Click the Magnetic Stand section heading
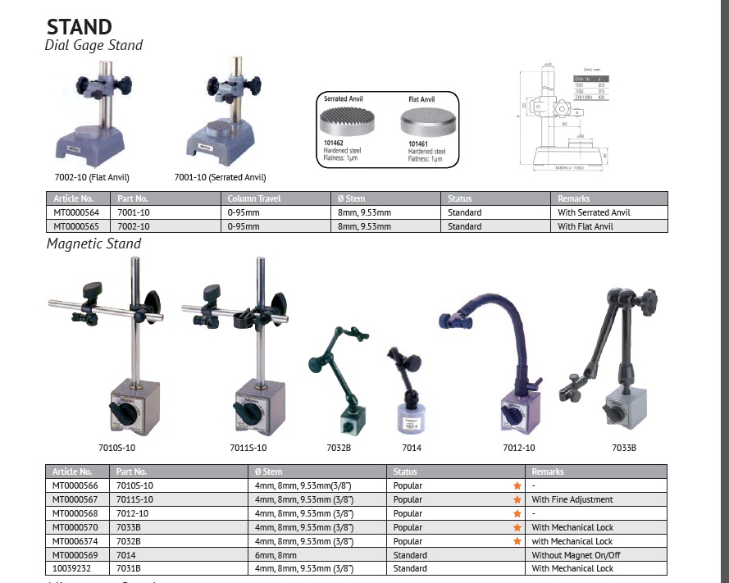click(93, 244)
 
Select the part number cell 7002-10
click(133, 226)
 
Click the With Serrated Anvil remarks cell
click(594, 212)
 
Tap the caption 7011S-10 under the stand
click(248, 448)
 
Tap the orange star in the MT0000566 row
click(517, 485)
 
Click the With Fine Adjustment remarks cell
click(572, 499)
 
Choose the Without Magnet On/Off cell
click(575, 554)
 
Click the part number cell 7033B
click(131, 527)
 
